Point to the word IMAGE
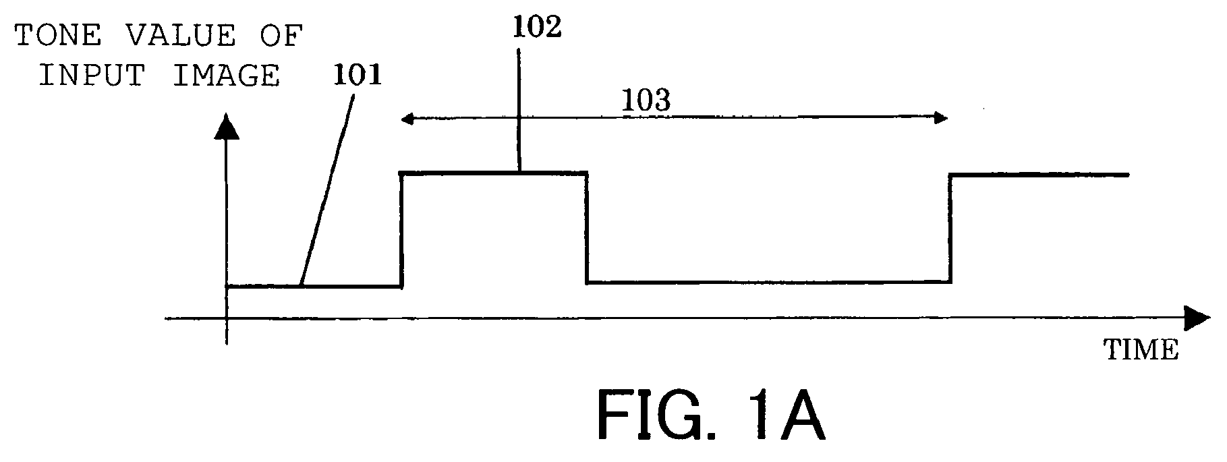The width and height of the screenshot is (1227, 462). click(226, 76)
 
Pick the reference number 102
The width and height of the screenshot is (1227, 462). click(537, 28)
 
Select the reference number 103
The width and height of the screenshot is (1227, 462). click(646, 100)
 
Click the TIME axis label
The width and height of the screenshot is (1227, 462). click(1141, 350)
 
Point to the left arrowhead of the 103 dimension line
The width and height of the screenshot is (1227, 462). click(407, 119)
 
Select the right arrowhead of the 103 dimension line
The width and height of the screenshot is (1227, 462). click(940, 119)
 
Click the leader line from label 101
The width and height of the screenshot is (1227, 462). click(326, 191)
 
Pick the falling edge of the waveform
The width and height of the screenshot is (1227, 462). click(587, 228)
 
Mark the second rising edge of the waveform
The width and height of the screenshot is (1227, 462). click(950, 228)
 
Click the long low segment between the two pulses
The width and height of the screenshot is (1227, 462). click(768, 282)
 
